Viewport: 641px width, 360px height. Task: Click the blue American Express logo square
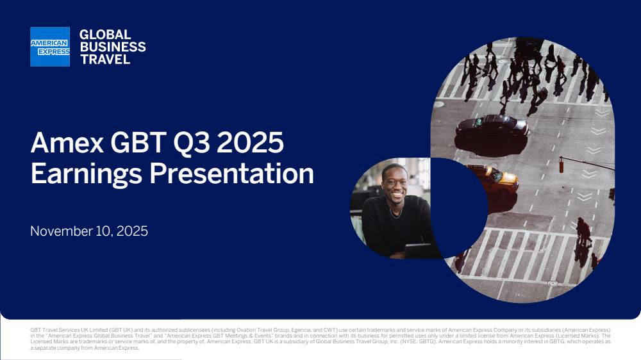(x=50, y=47)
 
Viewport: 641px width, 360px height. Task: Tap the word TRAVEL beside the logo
(x=105, y=60)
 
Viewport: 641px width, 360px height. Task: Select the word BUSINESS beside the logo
(x=113, y=47)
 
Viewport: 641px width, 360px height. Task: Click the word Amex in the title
(x=67, y=143)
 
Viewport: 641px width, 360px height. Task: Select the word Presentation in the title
(x=231, y=174)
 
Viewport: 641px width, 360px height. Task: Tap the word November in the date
(x=61, y=231)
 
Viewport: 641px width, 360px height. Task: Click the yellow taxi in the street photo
(x=494, y=180)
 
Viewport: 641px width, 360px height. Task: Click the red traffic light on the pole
(x=562, y=165)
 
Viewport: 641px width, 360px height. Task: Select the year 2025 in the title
(x=250, y=143)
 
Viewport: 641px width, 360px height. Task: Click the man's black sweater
(x=394, y=227)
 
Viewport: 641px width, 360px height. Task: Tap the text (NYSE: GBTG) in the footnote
(x=418, y=341)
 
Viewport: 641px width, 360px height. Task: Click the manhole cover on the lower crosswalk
(x=553, y=283)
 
